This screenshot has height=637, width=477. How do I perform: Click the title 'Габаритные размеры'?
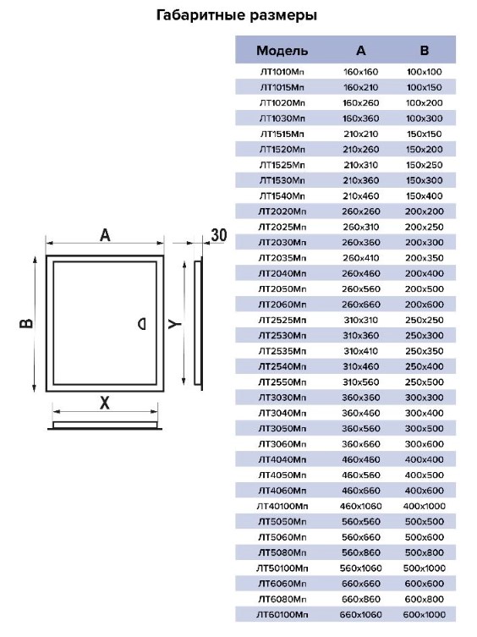pyautogui.click(x=237, y=15)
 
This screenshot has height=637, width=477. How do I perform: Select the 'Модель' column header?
pyautogui.click(x=282, y=51)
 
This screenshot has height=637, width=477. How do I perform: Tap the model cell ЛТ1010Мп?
pyautogui.click(x=282, y=72)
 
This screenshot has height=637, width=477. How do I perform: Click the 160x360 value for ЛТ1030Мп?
pyautogui.click(x=361, y=118)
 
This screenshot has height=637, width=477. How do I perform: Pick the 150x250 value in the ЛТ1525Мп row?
pyautogui.click(x=425, y=165)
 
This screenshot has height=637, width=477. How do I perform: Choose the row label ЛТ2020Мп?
pyautogui.click(x=282, y=211)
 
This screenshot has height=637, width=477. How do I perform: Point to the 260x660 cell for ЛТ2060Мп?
pyautogui.click(x=361, y=305)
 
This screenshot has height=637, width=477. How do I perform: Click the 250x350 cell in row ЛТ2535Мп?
pyautogui.click(x=425, y=351)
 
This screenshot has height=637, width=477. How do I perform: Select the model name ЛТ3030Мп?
pyautogui.click(x=282, y=398)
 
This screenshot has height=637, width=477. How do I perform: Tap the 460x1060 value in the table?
pyautogui.click(x=361, y=506)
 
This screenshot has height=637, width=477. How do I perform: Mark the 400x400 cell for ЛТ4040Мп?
pyautogui.click(x=425, y=460)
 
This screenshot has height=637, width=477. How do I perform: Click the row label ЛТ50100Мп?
pyautogui.click(x=282, y=568)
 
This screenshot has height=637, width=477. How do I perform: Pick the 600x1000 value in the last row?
pyautogui.click(x=425, y=615)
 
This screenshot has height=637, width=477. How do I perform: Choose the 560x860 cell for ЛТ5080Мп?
pyautogui.click(x=361, y=553)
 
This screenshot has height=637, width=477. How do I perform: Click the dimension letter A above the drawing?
pyautogui.click(x=105, y=235)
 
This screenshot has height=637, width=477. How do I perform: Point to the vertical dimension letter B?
pyautogui.click(x=26, y=323)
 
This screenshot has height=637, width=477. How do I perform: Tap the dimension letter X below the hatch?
pyautogui.click(x=105, y=403)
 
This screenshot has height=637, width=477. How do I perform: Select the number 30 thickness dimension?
pyautogui.click(x=218, y=235)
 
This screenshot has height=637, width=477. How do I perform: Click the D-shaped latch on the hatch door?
pyautogui.click(x=142, y=324)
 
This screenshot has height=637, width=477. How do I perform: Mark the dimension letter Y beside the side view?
pyautogui.click(x=175, y=324)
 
